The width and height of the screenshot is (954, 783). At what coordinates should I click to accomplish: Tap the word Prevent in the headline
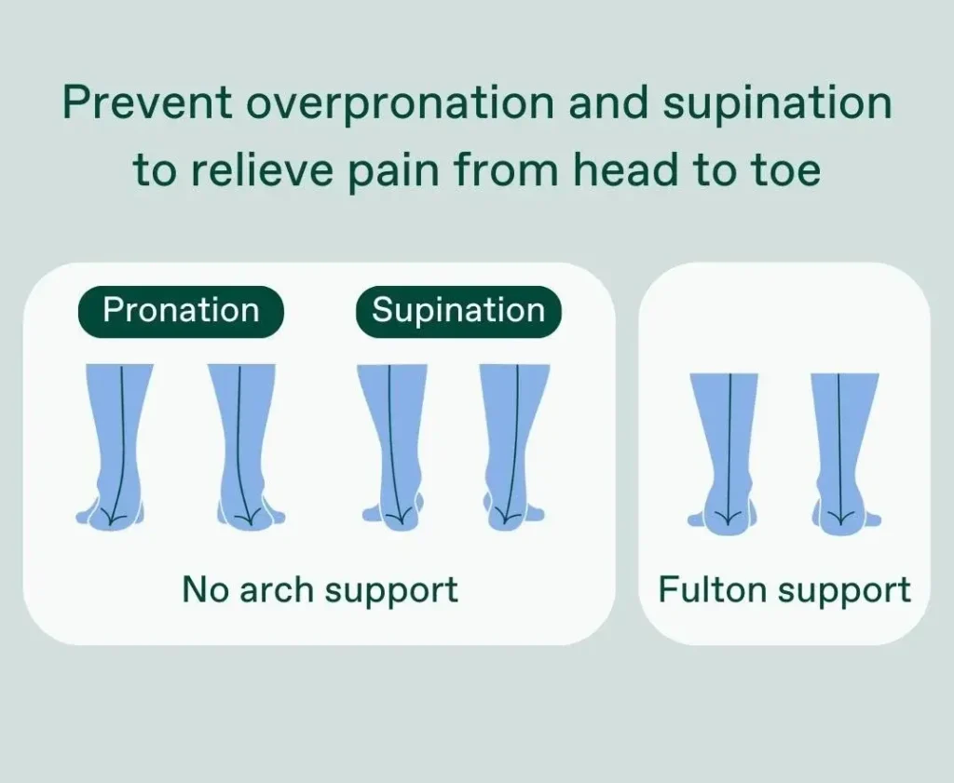click(147, 102)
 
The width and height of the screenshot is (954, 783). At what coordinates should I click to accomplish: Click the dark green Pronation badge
click(181, 311)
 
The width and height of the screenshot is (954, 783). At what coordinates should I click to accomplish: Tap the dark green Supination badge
click(458, 311)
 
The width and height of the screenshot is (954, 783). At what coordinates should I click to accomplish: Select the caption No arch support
click(320, 590)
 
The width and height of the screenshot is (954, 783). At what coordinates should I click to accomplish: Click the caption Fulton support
click(784, 590)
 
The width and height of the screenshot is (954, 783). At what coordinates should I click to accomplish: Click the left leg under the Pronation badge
click(116, 444)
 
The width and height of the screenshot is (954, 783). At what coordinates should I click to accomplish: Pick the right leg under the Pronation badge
click(246, 444)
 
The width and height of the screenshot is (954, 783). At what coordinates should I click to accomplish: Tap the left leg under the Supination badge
click(392, 444)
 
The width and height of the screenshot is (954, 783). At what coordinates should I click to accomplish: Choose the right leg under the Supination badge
click(514, 444)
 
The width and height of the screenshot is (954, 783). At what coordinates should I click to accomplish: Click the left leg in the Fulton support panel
click(724, 452)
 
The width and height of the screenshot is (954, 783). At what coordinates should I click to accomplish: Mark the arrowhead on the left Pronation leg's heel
click(110, 519)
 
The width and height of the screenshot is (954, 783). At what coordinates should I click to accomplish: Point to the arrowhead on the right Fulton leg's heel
click(840, 519)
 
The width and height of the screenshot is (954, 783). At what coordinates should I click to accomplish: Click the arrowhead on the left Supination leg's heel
click(399, 519)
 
